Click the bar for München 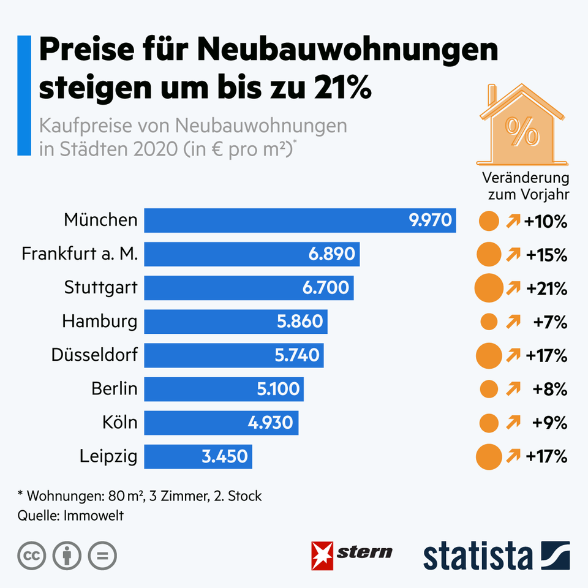click(300, 221)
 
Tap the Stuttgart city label click(101, 287)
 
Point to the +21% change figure click(546, 288)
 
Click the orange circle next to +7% click(489, 322)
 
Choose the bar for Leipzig click(198, 456)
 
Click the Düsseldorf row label click(94, 355)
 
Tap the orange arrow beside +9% click(513, 423)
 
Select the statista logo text click(478, 555)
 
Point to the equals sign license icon click(102, 556)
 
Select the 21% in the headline click(339, 88)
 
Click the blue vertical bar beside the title click(24, 95)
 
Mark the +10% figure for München click(546, 221)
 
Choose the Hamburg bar click(236, 322)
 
